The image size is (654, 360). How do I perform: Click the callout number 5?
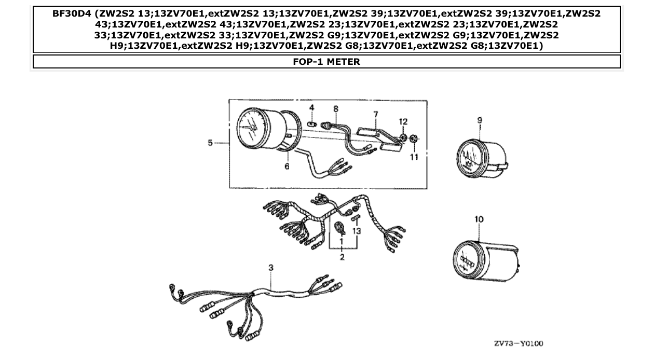tap(210, 143)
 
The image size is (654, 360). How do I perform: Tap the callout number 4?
tap(311, 107)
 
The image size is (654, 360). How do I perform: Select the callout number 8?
tap(336, 109)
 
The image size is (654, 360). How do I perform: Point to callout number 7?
tap(375, 114)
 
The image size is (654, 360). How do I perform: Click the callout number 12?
tap(403, 121)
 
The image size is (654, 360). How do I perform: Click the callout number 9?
tap(480, 120)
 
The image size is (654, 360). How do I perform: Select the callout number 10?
tap(479, 219)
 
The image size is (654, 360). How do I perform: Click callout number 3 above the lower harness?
tap(270, 268)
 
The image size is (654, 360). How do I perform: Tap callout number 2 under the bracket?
tap(342, 257)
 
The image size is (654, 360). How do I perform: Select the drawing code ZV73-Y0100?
tap(519, 343)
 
